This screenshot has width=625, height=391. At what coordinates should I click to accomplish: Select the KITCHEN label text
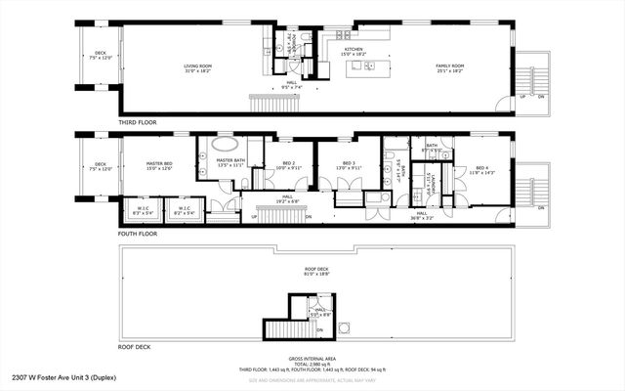(354, 50)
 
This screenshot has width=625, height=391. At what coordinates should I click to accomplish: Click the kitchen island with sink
(370, 65)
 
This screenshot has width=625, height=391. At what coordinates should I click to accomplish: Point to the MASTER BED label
(159, 165)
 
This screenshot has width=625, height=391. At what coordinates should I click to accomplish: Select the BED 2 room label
(288, 165)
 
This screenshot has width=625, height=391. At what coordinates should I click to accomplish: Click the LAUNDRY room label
(427, 182)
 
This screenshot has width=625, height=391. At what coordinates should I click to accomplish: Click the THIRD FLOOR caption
(140, 123)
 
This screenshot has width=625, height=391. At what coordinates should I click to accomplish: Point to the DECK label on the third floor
(101, 56)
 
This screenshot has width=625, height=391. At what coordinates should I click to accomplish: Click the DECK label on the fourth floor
(101, 166)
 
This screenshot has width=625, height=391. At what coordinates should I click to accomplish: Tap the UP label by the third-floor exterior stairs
(523, 97)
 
